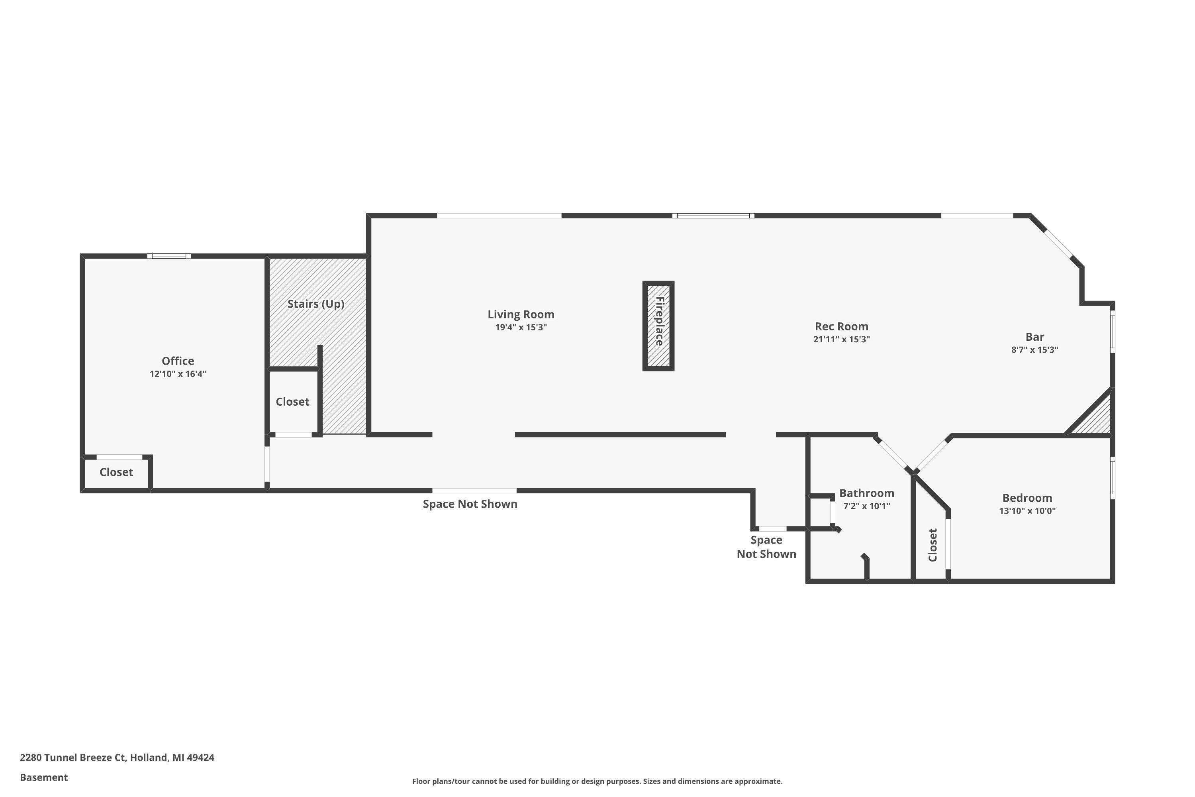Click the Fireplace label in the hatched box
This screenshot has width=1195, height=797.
[x=659, y=321]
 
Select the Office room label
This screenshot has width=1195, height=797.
[x=178, y=361]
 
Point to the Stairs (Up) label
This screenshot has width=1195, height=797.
[x=315, y=304]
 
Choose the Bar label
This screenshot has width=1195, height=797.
[x=1034, y=337]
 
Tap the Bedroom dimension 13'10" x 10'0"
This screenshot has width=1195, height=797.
[x=1027, y=511]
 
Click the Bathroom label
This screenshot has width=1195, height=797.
[x=866, y=493]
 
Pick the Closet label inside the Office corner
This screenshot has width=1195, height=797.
[x=116, y=472]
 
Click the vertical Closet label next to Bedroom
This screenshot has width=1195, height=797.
[x=932, y=545]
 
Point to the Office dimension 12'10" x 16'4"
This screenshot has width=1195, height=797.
[x=178, y=374]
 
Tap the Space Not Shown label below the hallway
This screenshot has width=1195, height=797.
[x=470, y=504]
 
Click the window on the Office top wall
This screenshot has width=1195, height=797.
[x=169, y=256]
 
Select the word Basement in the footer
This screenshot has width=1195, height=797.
[x=44, y=777]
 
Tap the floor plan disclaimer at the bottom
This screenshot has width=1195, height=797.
[x=597, y=781]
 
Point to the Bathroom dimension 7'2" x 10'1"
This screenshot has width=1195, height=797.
[x=866, y=506]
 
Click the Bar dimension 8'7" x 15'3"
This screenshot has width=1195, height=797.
[x=1034, y=350]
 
